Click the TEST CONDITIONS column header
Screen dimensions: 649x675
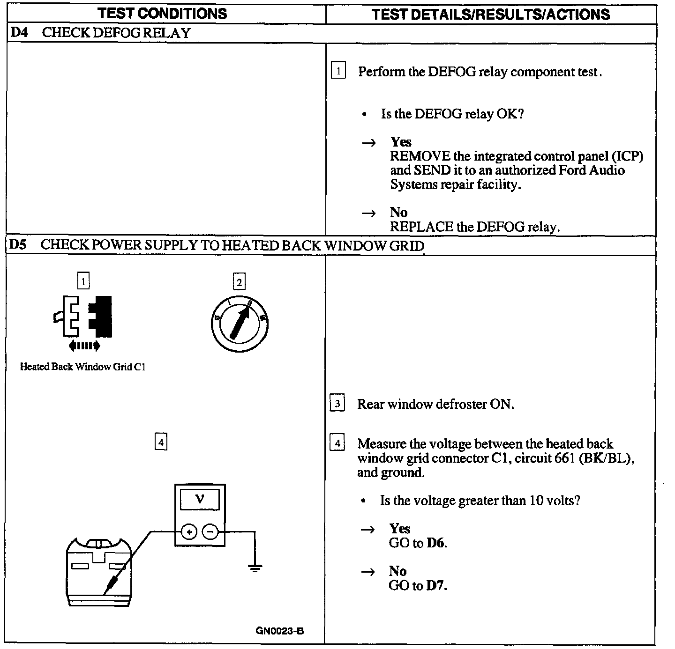162,14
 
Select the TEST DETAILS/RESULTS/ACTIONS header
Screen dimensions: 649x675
491,14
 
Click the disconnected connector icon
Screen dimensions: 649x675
83,317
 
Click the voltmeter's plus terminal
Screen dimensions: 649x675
188,532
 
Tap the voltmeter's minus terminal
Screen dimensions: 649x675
210,532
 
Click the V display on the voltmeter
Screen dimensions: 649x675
200,500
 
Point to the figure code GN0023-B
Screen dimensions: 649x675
280,631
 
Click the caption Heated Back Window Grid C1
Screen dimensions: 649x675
82,367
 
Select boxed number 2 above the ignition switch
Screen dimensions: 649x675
239,282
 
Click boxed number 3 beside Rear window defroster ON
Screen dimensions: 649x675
337,404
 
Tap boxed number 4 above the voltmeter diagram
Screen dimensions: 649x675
161,442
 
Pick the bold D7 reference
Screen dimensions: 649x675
436,585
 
